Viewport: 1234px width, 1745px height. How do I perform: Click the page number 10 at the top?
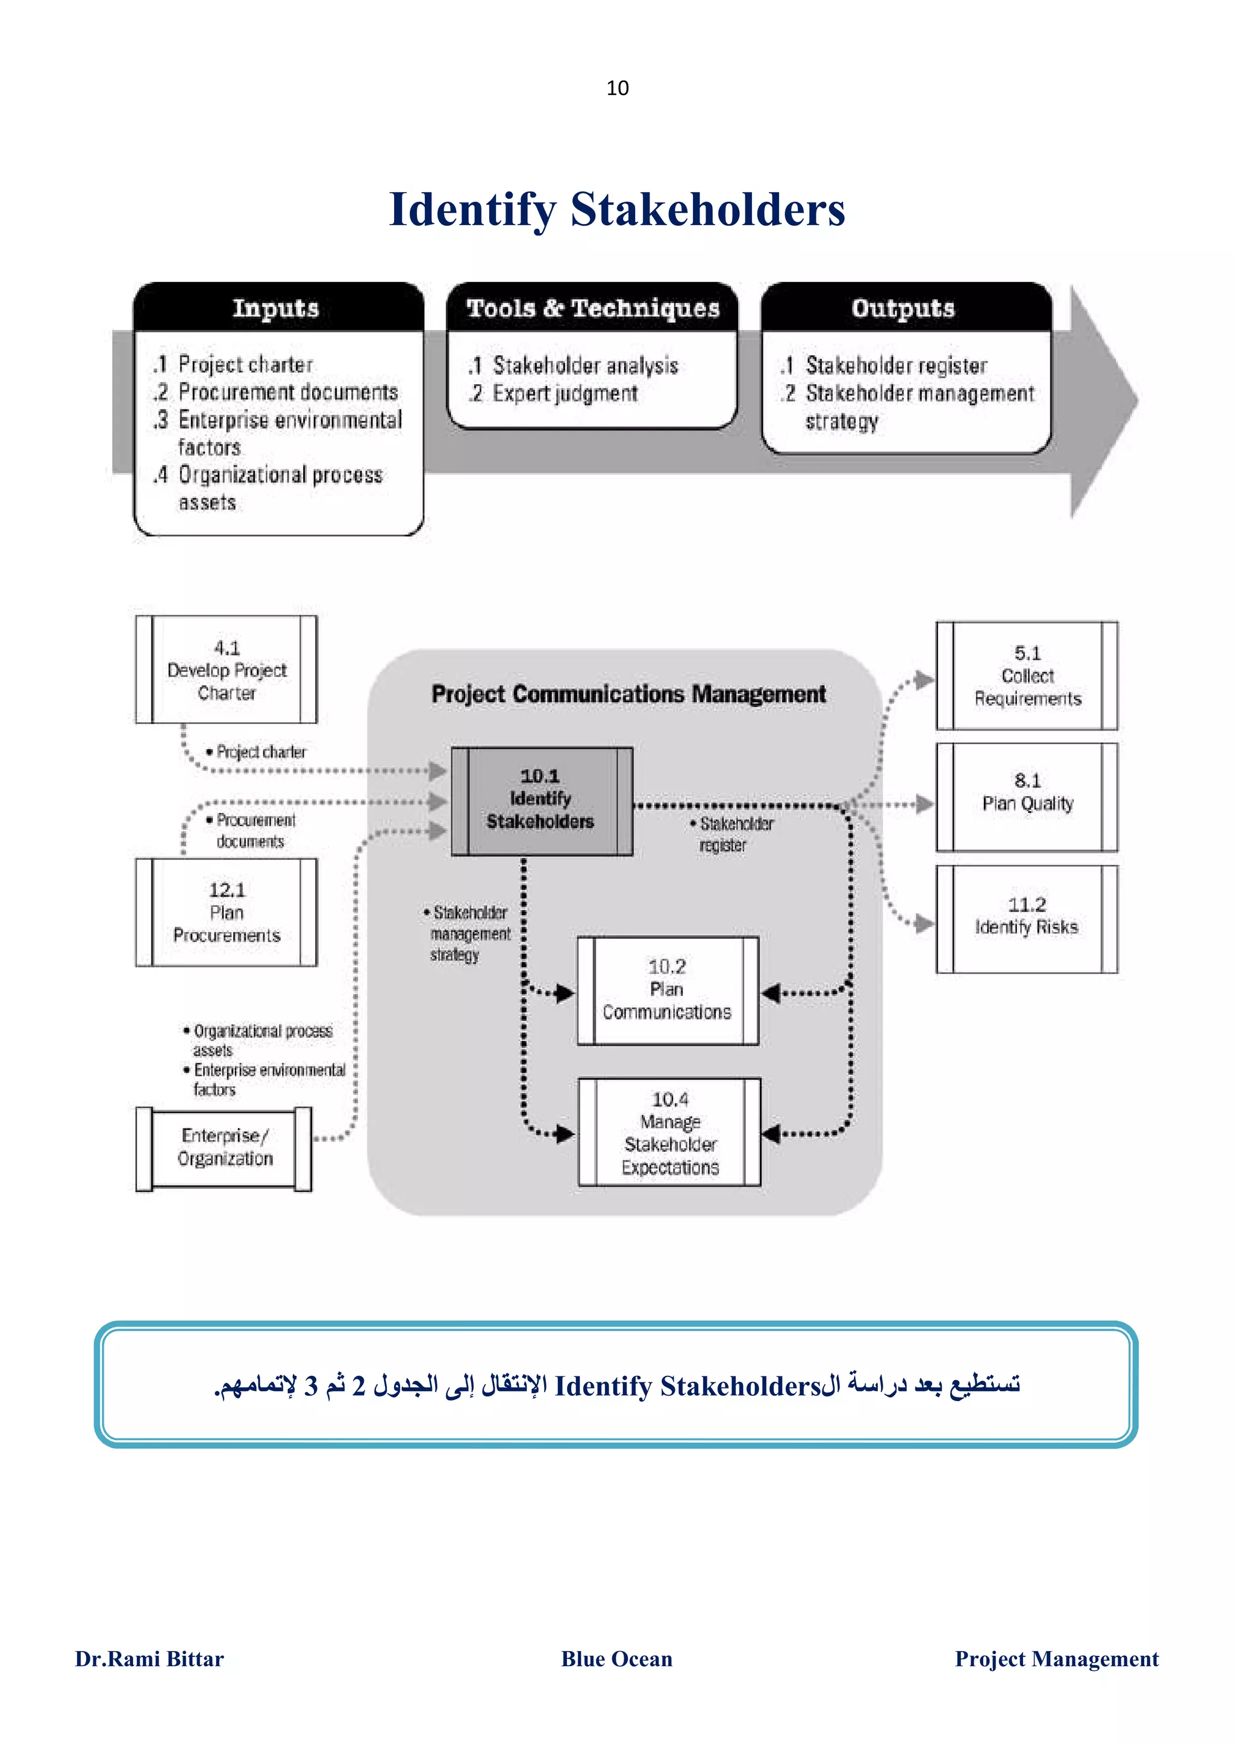[x=618, y=88]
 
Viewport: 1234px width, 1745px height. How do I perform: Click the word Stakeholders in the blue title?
[x=707, y=210]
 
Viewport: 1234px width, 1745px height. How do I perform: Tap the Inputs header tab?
[x=277, y=308]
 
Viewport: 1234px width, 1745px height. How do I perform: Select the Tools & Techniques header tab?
[x=592, y=308]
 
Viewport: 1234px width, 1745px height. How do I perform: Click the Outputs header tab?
[x=903, y=308]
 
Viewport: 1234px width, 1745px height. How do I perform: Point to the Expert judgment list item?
[x=563, y=394]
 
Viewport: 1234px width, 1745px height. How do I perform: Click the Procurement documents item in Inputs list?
[x=287, y=392]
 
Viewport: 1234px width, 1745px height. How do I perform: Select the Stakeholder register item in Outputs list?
[x=895, y=365]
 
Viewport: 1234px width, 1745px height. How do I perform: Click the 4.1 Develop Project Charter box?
[x=227, y=670]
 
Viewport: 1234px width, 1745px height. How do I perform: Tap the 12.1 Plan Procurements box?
[x=227, y=912]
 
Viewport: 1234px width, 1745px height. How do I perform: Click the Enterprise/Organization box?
[x=224, y=1147]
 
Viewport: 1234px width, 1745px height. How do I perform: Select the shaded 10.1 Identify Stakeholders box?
[x=540, y=800]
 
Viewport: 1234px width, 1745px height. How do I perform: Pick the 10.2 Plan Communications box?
[x=667, y=989]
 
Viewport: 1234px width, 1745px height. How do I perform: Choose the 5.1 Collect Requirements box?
[x=1027, y=676]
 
